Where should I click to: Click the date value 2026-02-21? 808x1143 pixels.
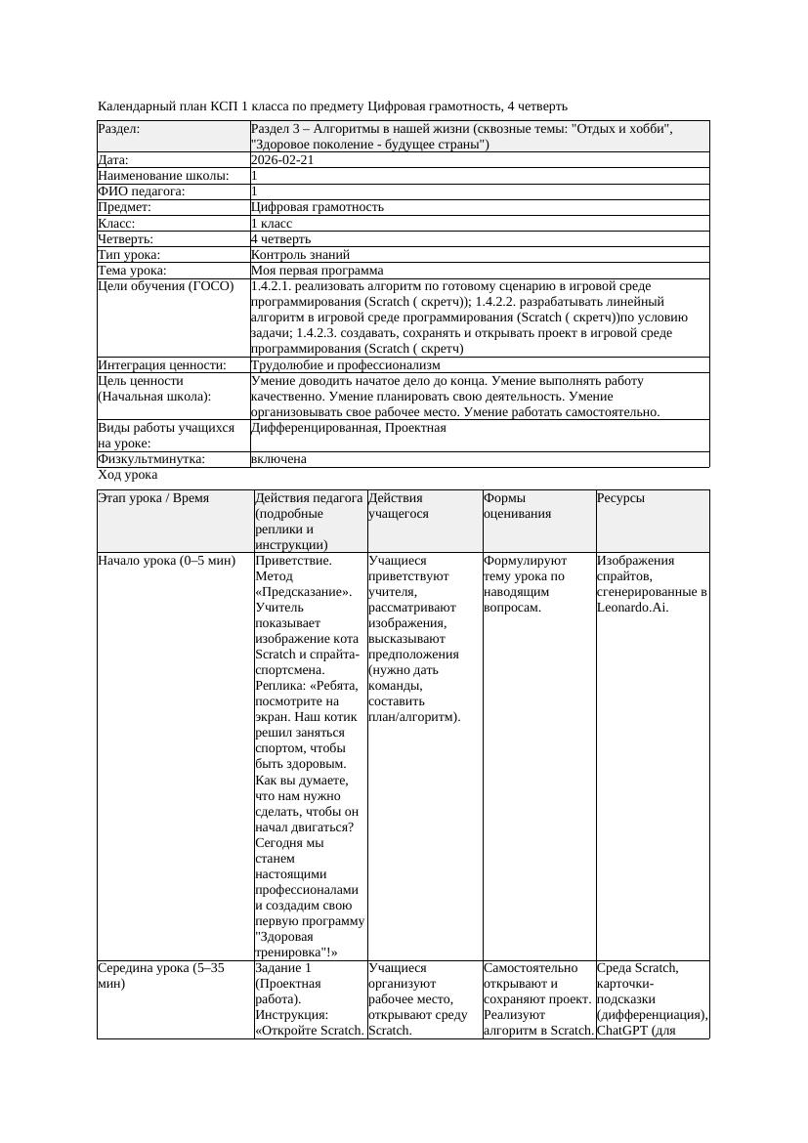(x=282, y=160)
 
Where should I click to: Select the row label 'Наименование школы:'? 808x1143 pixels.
(x=163, y=176)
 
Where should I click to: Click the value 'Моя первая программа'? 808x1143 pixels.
(x=317, y=270)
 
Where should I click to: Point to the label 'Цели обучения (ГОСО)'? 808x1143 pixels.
(x=166, y=286)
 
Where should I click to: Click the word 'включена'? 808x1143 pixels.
(x=278, y=458)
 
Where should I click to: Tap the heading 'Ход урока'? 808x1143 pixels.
(x=128, y=475)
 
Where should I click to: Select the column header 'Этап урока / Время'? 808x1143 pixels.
(x=153, y=497)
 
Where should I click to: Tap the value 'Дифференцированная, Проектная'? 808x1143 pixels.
(x=348, y=427)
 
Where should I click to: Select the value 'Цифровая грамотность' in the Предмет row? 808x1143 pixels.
(x=317, y=207)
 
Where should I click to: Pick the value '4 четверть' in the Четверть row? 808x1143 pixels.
(x=280, y=238)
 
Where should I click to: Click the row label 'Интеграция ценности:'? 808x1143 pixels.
(x=162, y=364)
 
